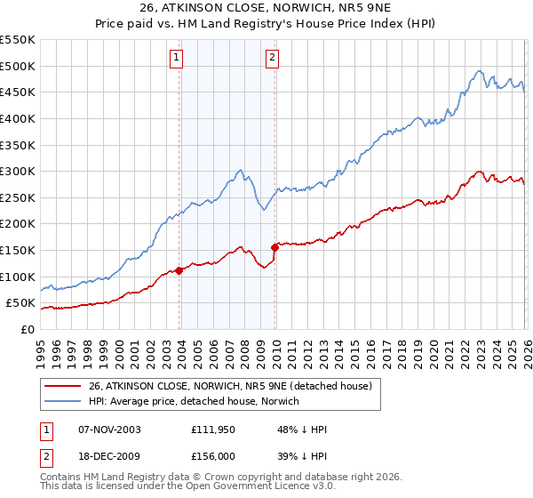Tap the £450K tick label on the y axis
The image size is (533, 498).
17,92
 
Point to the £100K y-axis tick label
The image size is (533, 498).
17,277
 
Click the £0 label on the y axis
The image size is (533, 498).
27,329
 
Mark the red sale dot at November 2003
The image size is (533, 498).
179,270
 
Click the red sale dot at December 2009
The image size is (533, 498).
275,247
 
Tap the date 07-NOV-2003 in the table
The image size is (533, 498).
109,430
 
